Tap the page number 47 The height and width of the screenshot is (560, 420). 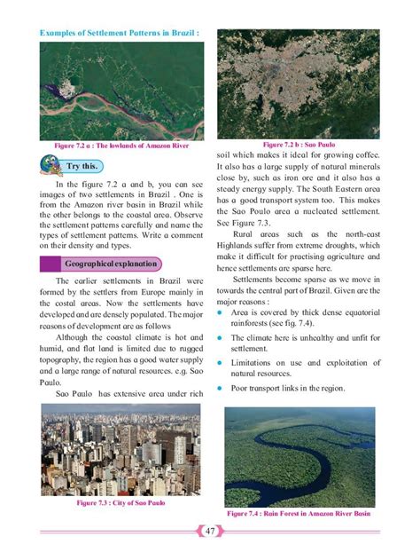(209, 531)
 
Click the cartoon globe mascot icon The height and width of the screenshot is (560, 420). (51, 164)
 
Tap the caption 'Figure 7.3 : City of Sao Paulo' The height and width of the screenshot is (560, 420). (121, 503)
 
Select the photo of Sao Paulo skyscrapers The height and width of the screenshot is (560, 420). (121, 450)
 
